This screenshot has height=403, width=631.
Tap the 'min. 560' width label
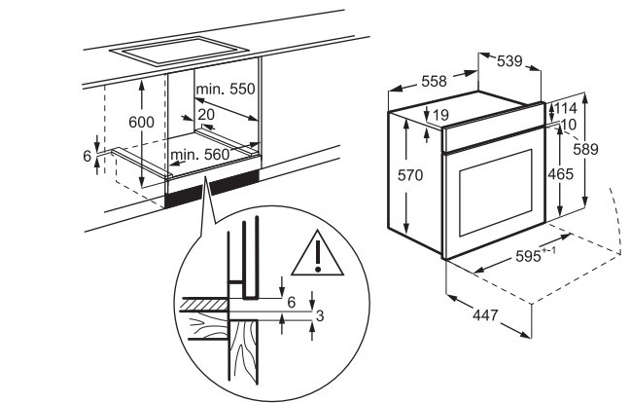point(199,154)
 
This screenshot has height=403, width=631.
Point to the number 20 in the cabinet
point(205,114)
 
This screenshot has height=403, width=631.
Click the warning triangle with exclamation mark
point(316,251)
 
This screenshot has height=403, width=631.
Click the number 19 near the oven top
point(439,116)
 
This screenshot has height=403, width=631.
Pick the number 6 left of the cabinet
point(87,157)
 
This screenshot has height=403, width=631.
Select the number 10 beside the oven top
point(569,124)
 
